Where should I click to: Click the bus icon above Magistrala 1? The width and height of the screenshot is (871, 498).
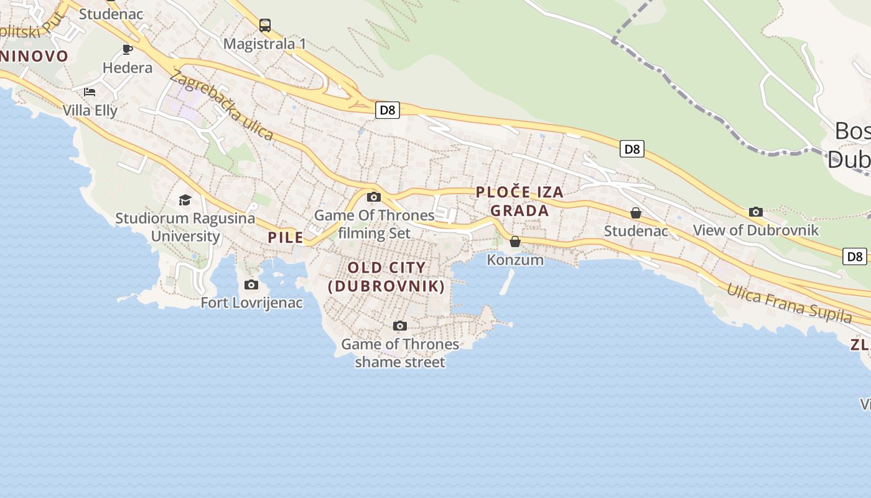(x=265, y=26)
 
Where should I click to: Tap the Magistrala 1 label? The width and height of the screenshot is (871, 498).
(x=264, y=44)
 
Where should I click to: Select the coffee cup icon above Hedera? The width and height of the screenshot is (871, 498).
(x=128, y=49)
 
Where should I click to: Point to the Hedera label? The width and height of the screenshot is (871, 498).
(x=128, y=67)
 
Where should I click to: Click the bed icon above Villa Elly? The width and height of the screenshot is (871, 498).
(x=90, y=92)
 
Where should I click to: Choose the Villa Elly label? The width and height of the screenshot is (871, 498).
(x=90, y=110)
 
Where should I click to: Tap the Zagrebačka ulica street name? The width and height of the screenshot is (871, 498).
(x=221, y=106)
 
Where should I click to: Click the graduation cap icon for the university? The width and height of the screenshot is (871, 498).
(x=185, y=200)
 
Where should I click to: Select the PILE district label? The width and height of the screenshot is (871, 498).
(x=286, y=237)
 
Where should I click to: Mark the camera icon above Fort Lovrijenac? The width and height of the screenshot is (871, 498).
(x=251, y=284)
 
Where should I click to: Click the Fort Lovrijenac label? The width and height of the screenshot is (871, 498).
(x=251, y=303)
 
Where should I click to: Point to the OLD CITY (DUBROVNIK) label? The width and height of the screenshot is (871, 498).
(x=386, y=277)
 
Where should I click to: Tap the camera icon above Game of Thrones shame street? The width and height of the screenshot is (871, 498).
(x=400, y=326)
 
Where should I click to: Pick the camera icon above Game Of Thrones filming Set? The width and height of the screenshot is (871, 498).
(x=374, y=197)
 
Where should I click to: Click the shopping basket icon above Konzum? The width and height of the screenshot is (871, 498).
(x=515, y=242)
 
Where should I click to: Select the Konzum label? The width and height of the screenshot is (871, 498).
(x=515, y=260)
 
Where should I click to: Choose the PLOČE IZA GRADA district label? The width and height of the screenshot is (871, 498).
(x=519, y=201)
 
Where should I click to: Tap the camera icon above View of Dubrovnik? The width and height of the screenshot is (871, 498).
(x=756, y=212)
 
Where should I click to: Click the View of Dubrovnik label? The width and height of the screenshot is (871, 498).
(x=756, y=230)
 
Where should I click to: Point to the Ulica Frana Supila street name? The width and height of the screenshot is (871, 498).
(x=789, y=303)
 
